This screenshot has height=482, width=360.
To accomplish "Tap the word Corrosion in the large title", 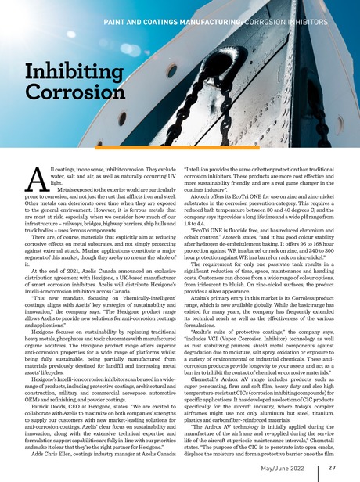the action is [71, 98].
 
